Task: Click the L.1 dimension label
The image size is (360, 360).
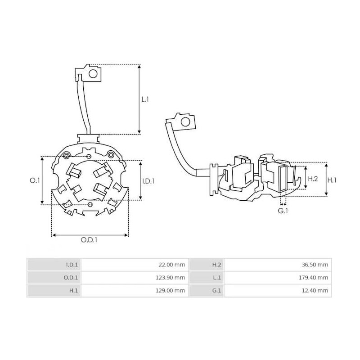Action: click(x=145, y=99)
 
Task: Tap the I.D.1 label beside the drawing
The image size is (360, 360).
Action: click(x=148, y=181)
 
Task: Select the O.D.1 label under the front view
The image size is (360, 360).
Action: click(x=89, y=240)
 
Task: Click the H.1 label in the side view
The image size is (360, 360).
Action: click(x=332, y=179)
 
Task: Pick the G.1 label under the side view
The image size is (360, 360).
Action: click(x=283, y=211)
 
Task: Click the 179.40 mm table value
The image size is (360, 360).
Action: click(x=315, y=278)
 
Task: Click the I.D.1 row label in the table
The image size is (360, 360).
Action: click(x=72, y=265)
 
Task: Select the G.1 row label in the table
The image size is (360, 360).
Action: click(x=216, y=291)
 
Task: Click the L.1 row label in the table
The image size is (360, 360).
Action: click(x=217, y=278)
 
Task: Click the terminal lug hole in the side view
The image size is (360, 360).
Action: click(x=184, y=122)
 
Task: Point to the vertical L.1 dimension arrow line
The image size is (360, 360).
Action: click(x=139, y=99)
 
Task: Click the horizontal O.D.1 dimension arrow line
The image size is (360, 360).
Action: click(x=90, y=234)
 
